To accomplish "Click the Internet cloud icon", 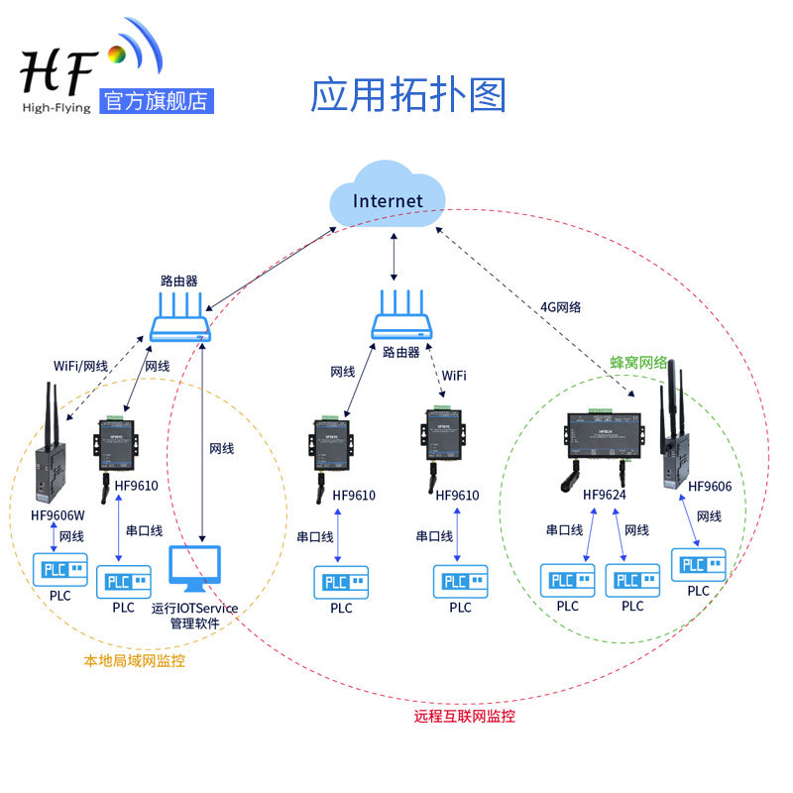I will click(389, 199).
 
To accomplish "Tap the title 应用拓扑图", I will click(408, 95).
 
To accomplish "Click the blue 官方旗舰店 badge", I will click(157, 101).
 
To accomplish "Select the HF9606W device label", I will click(58, 514).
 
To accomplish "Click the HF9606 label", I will click(710, 487).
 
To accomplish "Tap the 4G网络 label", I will click(561, 307).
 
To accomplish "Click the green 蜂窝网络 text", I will click(638, 363).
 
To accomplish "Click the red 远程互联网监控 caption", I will click(465, 716).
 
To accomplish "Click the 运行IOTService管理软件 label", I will click(194, 616).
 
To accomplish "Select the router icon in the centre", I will click(402, 318).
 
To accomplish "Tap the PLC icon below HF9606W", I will click(60, 570).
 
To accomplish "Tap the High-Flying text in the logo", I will click(56, 105).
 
